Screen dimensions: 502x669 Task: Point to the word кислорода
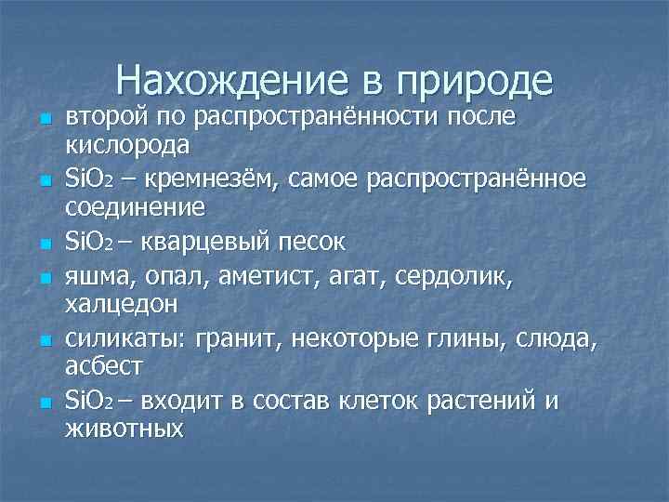[x=126, y=145]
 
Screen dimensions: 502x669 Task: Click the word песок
[x=310, y=243]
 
